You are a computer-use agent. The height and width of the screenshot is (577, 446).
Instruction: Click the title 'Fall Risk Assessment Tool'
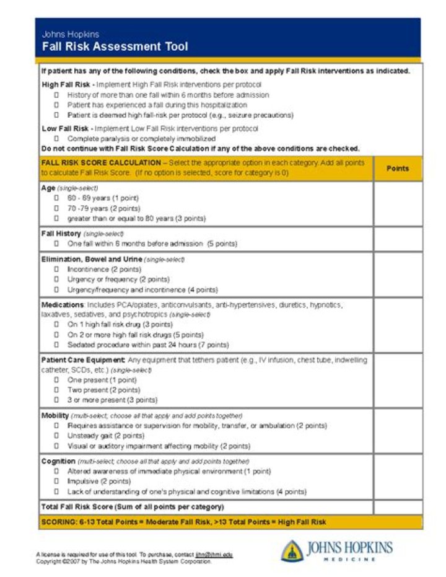(115, 46)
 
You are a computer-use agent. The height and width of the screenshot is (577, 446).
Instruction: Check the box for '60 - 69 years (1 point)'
(56, 198)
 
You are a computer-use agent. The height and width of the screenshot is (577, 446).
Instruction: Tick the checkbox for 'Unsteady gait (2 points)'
(56, 436)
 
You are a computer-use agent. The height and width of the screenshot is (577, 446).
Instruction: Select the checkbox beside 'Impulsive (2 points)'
(56, 481)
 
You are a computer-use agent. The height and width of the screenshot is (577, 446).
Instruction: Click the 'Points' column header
(397, 168)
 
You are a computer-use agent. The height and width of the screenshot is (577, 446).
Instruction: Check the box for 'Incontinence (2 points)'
(56, 270)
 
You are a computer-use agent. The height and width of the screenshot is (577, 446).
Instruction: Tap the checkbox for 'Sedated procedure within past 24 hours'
(56, 345)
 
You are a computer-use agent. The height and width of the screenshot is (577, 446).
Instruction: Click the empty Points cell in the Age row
(397, 204)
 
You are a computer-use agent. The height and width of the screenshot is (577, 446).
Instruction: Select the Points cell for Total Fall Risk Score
(397, 506)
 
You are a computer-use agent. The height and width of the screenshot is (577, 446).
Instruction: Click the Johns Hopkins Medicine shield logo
(292, 550)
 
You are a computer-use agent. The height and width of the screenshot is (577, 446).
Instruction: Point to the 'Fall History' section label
(61, 234)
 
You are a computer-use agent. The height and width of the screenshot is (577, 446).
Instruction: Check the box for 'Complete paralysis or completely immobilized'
(56, 139)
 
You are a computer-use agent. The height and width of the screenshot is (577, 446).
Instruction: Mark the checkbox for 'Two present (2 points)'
(56, 390)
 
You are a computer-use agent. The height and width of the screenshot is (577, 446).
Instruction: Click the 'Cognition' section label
(58, 461)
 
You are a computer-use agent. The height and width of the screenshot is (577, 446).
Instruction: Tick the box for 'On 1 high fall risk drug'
(56, 324)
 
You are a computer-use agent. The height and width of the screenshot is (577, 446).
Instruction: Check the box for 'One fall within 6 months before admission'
(56, 244)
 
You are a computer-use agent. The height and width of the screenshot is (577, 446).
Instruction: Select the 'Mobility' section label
(55, 415)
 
